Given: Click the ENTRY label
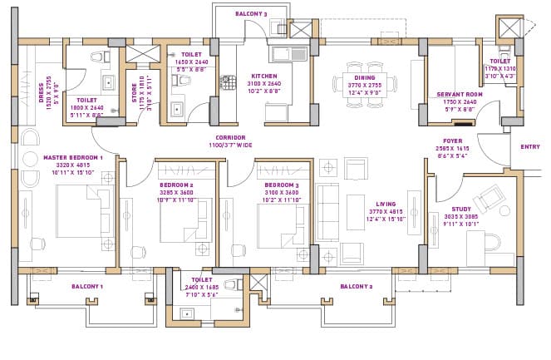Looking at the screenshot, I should point(529,146).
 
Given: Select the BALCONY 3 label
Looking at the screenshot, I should point(250,13).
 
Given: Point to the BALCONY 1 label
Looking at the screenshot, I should point(86,286).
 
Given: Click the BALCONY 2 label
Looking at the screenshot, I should point(356,286).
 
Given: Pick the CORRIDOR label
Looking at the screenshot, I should point(230,138).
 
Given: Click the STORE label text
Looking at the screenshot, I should point(137,83).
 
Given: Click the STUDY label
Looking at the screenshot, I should point(462,210).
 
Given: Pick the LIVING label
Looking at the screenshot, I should point(384,202).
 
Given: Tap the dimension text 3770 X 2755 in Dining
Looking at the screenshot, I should point(364,84).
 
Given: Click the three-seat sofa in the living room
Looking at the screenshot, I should point(326,215).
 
